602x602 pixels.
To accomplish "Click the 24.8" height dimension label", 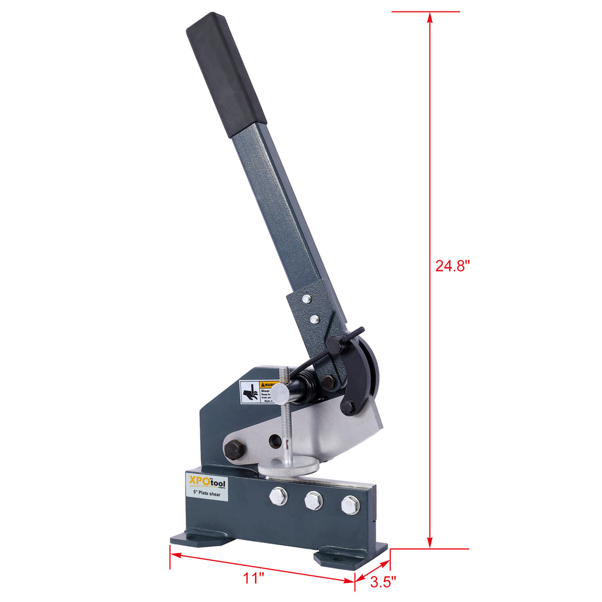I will (453, 266).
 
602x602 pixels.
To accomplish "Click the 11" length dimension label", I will (254, 577).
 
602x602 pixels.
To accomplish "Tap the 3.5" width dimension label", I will (383, 582).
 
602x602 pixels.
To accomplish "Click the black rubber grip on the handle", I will (226, 76).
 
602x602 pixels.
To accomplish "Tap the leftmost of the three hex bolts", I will (278, 496).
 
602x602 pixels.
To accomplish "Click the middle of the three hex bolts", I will (314, 500).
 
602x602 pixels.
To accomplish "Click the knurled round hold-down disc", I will (289, 467).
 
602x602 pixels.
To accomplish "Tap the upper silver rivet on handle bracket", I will (306, 299).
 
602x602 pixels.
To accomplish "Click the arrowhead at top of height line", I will (430, 18).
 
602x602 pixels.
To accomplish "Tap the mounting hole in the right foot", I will (335, 559).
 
